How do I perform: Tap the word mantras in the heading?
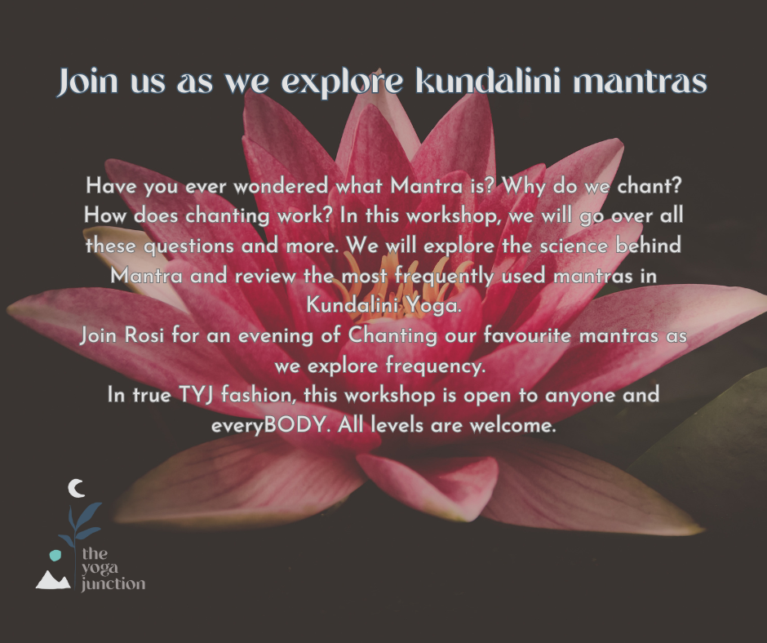coord(640,82)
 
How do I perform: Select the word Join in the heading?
coord(87,82)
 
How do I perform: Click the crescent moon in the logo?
coord(77,488)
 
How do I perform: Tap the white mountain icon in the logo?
coord(53,580)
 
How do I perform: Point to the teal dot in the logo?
coord(55,556)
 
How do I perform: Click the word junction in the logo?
coord(113,584)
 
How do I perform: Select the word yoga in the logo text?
coord(100,569)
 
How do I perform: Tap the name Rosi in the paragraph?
coord(144,335)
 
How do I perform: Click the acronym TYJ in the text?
coord(196,395)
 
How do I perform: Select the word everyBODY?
coord(268,425)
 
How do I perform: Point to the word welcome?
coord(513,425)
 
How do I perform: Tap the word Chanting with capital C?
coord(392,335)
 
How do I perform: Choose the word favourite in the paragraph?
coord(527,335)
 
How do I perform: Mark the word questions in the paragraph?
coord(188,246)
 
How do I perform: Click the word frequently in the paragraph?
coord(444,276)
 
